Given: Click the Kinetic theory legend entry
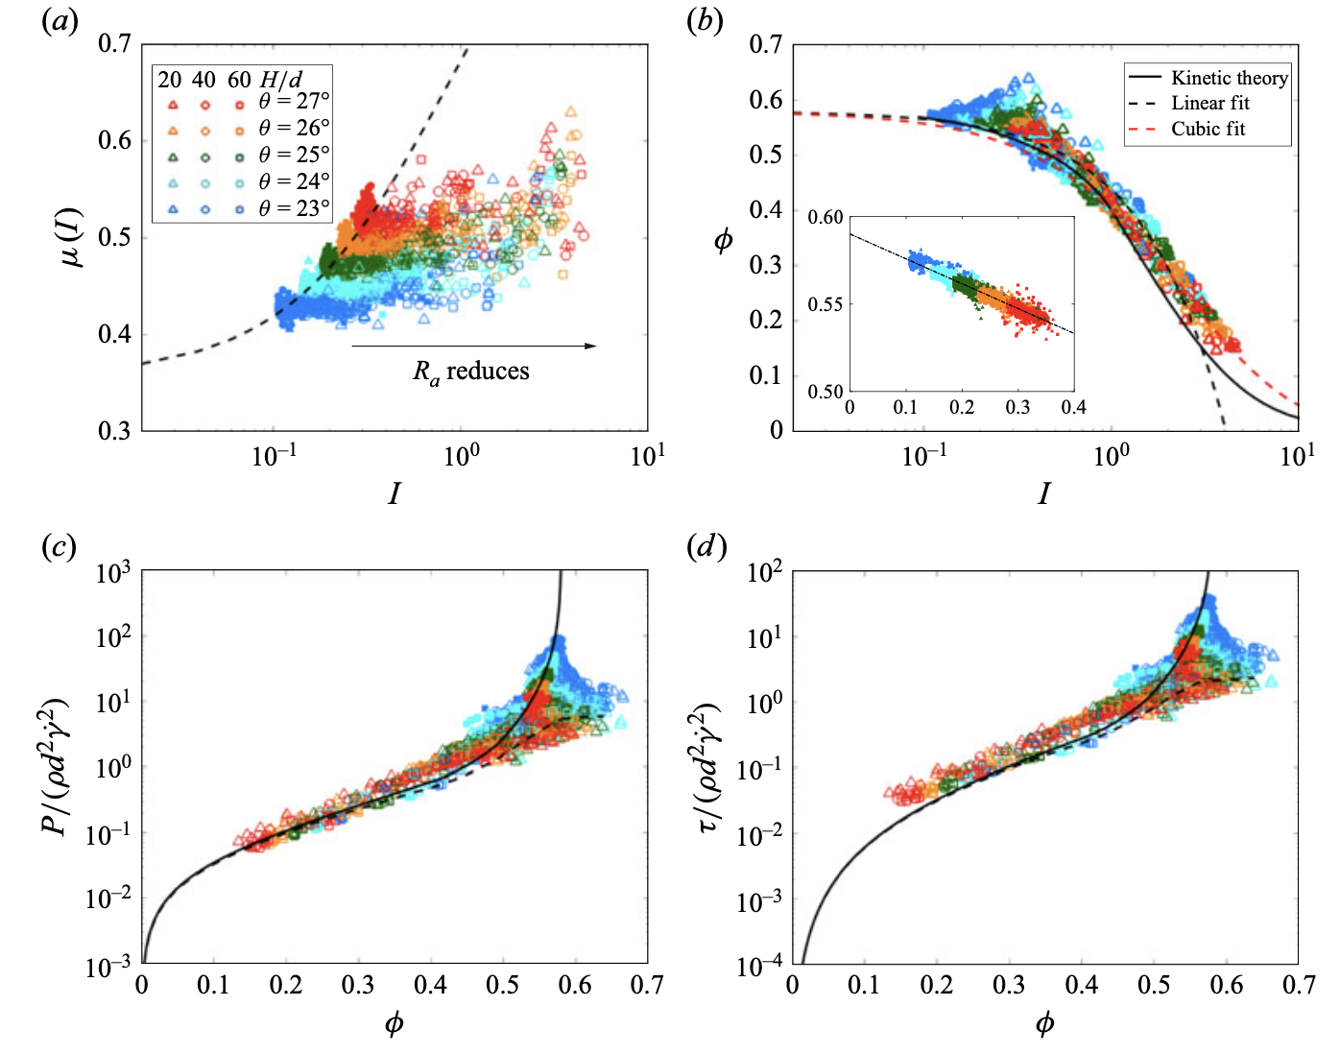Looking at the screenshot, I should pyautogui.click(x=1229, y=79).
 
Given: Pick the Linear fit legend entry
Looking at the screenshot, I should pyautogui.click(x=1209, y=104).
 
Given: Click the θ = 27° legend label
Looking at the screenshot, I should pyautogui.click(x=294, y=101).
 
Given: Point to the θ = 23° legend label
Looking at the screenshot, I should pyautogui.click(x=294, y=208).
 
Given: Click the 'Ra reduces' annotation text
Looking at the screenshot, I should pyautogui.click(x=471, y=371).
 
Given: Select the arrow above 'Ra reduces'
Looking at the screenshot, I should pyautogui.click(x=474, y=346).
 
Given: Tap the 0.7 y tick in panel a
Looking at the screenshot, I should pyautogui.click(x=114, y=44).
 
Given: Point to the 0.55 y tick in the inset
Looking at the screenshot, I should pyautogui.click(x=826, y=304).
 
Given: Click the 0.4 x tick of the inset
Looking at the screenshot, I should pyautogui.click(x=1073, y=407).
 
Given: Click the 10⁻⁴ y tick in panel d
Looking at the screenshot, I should pyautogui.click(x=763, y=966).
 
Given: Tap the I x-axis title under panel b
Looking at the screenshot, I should pyautogui.click(x=1043, y=493).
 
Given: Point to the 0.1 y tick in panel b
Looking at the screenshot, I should pyautogui.click(x=765, y=375).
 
